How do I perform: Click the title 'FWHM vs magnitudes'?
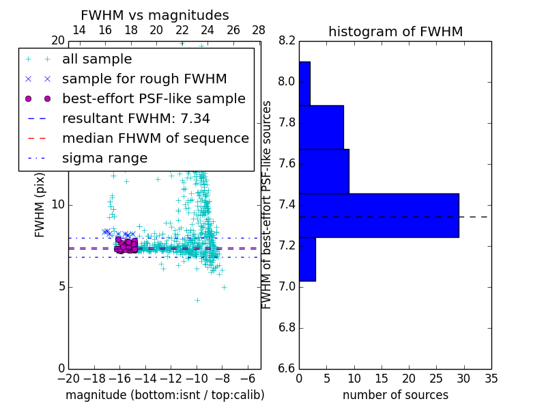pos(155,15)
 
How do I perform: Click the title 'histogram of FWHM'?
pos(395,31)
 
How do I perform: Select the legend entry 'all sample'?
pos(97,59)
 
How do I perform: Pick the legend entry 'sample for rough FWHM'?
pos(144,79)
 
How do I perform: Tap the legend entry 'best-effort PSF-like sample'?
pos(154,99)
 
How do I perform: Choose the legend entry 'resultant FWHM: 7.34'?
pos(136,119)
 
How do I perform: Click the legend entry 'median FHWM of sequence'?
pos(155,139)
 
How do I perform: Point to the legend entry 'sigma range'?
pos(104,159)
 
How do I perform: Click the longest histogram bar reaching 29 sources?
pos(379,215)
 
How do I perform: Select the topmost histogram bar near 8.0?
pos(304,83)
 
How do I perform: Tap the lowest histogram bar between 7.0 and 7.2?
pos(307,259)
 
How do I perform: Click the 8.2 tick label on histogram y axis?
pos(287,41)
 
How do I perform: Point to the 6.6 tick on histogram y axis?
pos(287,368)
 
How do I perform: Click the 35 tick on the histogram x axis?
pos(491,379)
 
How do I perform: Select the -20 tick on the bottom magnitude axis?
pos(68,379)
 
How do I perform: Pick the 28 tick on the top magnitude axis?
pos(259,30)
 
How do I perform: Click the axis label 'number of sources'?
pos(395,395)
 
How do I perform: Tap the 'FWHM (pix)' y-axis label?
pos(40,205)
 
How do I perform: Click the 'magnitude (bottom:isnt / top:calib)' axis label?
pos(164,395)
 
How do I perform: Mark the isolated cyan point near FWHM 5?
pos(223,287)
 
